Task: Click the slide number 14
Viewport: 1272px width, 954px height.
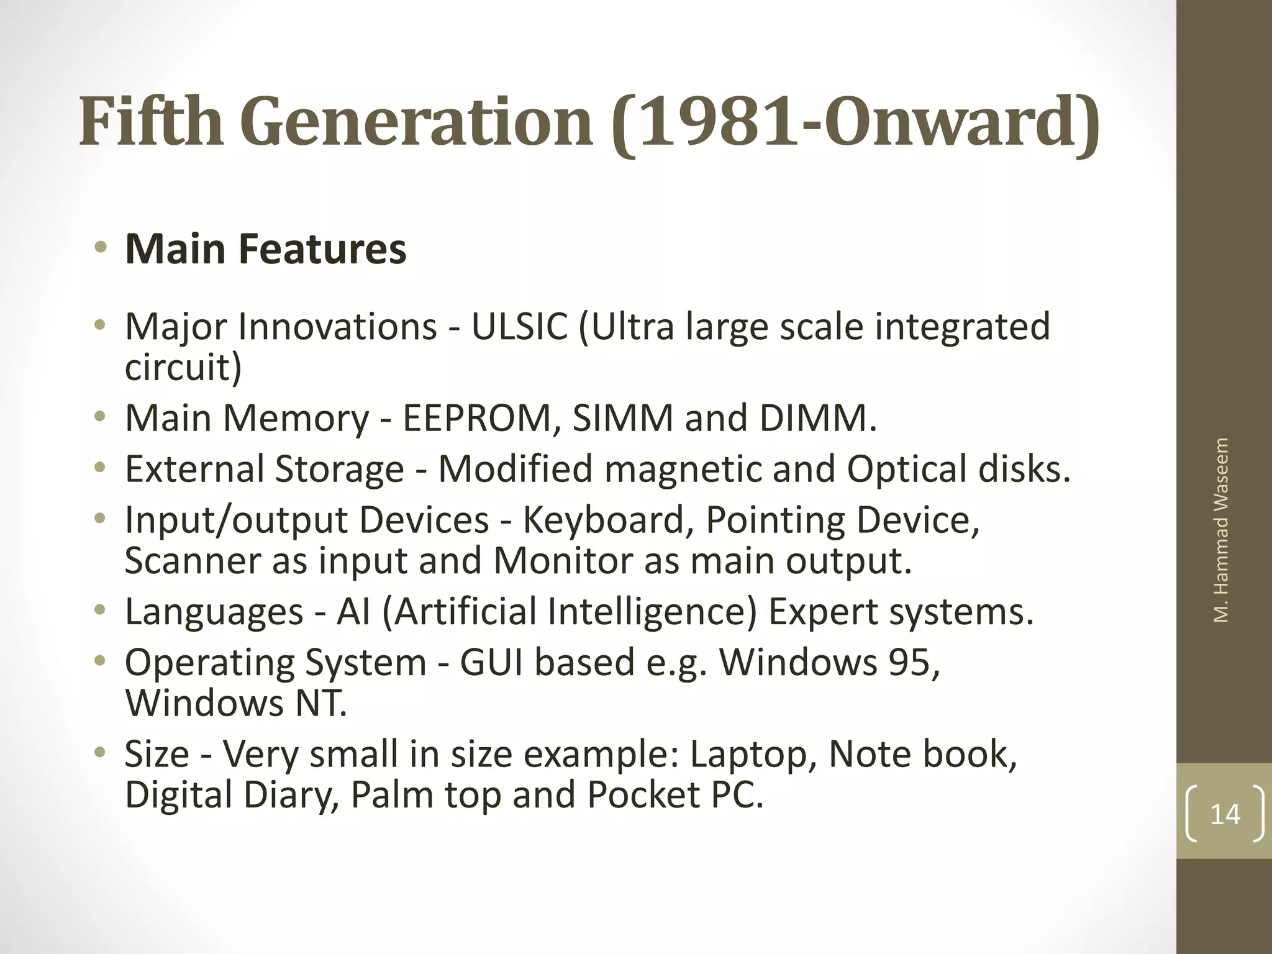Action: pyautogui.click(x=1225, y=814)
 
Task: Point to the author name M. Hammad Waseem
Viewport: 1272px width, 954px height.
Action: pyautogui.click(x=1221, y=530)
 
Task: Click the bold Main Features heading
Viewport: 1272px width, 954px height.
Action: pyautogui.click(x=266, y=248)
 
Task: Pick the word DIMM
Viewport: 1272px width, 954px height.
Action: pyautogui.click(x=817, y=418)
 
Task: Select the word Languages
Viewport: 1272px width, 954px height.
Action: pyautogui.click(x=214, y=612)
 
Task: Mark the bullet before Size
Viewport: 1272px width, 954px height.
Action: pyautogui.click(x=100, y=753)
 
